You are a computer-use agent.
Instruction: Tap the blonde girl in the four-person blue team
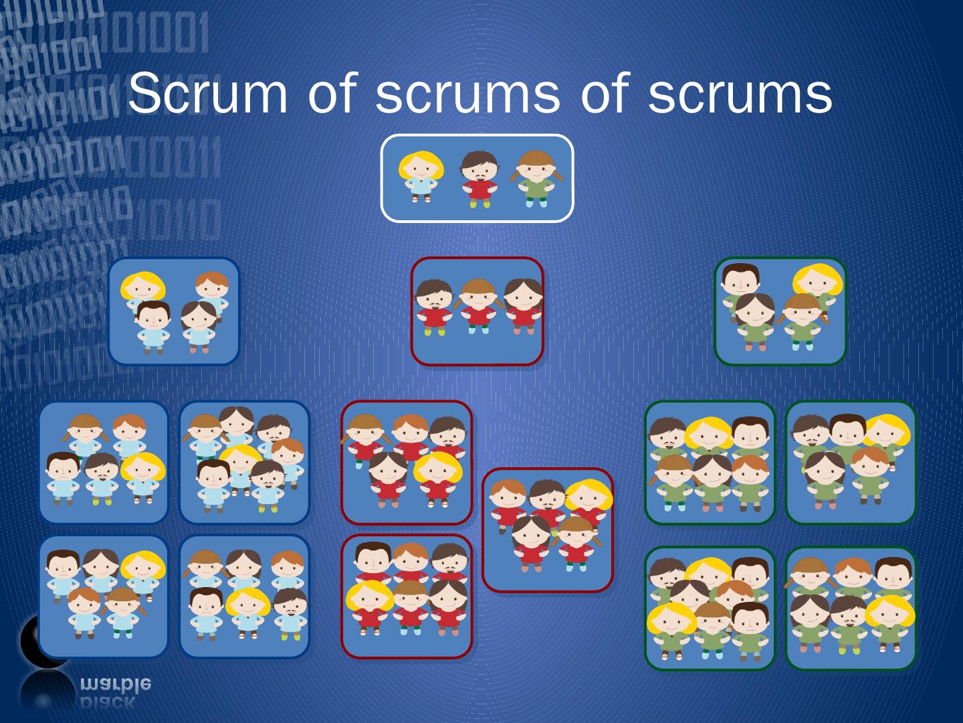[142, 288]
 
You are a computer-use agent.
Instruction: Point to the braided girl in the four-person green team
[802, 320]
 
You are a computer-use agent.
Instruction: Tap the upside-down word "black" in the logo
[107, 702]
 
